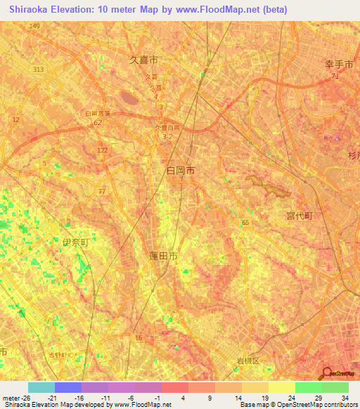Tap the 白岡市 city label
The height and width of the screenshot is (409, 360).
pyautogui.click(x=181, y=170)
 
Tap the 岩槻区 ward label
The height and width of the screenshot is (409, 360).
pyautogui.click(x=247, y=361)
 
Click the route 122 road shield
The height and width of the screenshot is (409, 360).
pyautogui.click(x=103, y=150)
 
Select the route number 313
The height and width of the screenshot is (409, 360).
pyautogui.click(x=38, y=69)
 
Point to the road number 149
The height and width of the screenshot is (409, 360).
pyautogui.click(x=34, y=26)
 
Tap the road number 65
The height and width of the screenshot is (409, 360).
pyautogui.click(x=245, y=222)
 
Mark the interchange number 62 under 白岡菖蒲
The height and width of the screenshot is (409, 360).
pyautogui.click(x=98, y=122)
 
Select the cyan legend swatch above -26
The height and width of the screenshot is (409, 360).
pyautogui.click(x=41, y=387)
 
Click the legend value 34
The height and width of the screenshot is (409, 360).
pyautogui.click(x=344, y=398)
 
